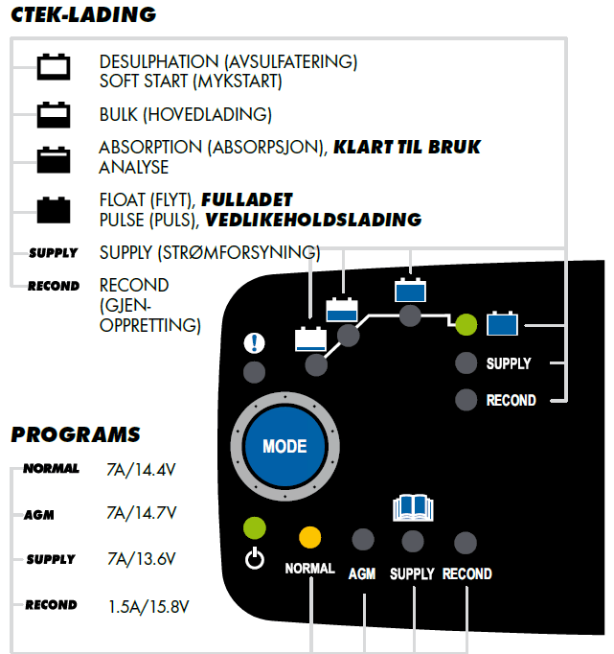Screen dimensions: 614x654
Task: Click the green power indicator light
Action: (254, 527)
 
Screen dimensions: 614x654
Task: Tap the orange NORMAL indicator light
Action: (309, 537)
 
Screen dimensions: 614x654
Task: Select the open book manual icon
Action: (412, 509)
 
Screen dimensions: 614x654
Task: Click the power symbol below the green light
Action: (254, 559)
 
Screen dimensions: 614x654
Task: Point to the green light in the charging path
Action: (466, 325)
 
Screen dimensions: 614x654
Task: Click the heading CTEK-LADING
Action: (82, 15)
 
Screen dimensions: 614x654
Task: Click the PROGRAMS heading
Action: (76, 434)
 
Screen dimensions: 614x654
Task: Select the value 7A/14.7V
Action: (141, 514)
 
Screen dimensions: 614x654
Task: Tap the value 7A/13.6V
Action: (141, 559)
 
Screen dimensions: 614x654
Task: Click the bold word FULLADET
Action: (246, 200)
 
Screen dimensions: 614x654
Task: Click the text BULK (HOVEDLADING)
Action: (185, 115)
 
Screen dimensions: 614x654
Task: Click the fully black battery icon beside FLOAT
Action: (54, 208)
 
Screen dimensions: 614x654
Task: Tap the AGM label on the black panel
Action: (362, 573)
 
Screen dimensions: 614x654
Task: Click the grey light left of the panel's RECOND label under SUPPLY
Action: (466, 399)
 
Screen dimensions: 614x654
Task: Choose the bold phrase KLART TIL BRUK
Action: (406, 148)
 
